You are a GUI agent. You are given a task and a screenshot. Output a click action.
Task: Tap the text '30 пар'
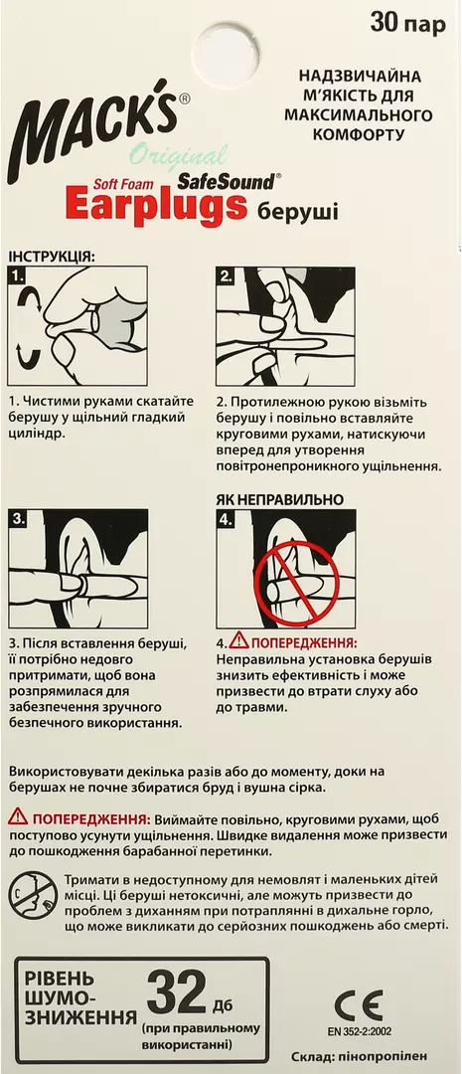[408, 24]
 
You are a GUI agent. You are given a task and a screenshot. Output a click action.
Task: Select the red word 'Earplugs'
[155, 206]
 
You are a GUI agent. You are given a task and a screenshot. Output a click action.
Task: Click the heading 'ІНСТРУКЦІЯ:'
[52, 257]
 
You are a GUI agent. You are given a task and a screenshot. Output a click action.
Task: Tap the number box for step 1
[18, 276]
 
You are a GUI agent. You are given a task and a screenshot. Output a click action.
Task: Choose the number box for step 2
[226, 276]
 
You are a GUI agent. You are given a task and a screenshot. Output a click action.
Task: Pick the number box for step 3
[18, 518]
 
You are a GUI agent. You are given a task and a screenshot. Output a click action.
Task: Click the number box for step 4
[226, 518]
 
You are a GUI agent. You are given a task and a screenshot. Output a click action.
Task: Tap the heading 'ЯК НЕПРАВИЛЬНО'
[280, 499]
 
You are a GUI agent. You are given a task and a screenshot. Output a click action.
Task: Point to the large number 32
[177, 992]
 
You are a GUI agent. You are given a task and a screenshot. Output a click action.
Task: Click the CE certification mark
[359, 1005]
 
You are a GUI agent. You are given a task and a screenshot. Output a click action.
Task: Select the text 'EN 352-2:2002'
[359, 1031]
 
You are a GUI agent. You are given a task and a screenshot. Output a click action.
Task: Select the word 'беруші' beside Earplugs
[298, 210]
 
